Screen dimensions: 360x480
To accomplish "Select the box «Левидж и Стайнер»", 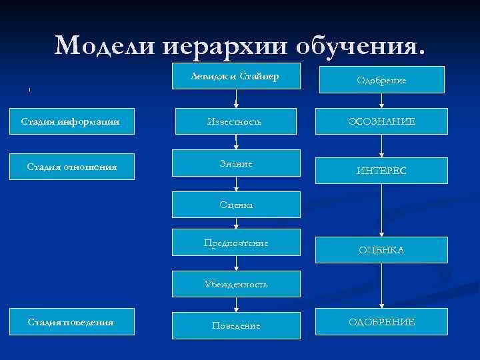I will (235, 78).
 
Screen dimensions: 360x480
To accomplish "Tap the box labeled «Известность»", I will (235, 121).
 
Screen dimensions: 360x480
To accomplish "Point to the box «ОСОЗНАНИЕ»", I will (381, 121).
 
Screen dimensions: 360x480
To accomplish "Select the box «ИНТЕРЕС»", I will (381, 171).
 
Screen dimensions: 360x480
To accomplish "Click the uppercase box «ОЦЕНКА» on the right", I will (381, 250).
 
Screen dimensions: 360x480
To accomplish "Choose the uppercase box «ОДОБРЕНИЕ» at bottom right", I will (381, 322).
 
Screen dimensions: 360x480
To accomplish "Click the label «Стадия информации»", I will (71, 121).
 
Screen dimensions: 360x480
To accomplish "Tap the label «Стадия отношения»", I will (71, 167).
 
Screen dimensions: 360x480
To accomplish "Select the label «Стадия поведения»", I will (71, 322).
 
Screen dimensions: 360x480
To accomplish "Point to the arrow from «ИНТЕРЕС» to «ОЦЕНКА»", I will (381, 210).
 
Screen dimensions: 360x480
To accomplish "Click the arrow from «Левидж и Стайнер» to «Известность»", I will (235, 99).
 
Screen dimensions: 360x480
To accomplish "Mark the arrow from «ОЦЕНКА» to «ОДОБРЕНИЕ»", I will (381, 287).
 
